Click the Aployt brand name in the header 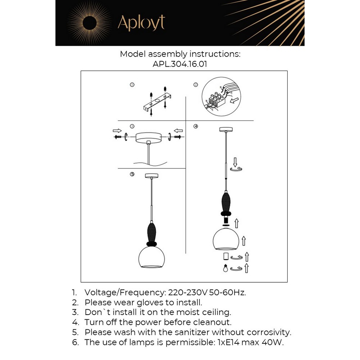(x=141, y=23)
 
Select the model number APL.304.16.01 (x=180, y=64)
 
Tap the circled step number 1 (x=132, y=85)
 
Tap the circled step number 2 (x=196, y=85)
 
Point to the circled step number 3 (x=132, y=126)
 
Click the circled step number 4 (x=196, y=126)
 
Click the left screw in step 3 (x=118, y=137)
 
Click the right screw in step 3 (x=177, y=137)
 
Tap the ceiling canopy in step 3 (x=148, y=138)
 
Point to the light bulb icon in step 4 (x=226, y=268)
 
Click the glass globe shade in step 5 (x=152, y=257)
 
